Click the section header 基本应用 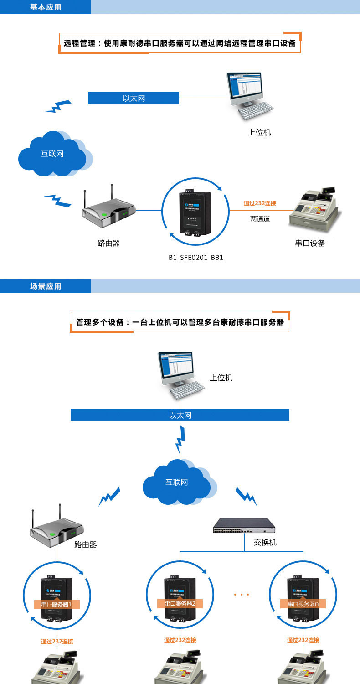point(46,7)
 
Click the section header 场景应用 point(46,286)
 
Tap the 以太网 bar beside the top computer point(134,98)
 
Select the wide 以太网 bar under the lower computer point(180,415)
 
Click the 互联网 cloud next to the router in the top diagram point(52,154)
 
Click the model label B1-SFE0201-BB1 point(196,258)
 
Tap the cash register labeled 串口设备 point(314,207)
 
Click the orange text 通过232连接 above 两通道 point(260,203)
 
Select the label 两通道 point(260,219)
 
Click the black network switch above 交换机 point(245,526)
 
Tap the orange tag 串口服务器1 point(57,605)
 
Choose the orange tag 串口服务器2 point(180,603)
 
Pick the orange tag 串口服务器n point(303,604)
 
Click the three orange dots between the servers point(241,595)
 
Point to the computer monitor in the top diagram point(245,87)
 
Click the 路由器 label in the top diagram point(109,243)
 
